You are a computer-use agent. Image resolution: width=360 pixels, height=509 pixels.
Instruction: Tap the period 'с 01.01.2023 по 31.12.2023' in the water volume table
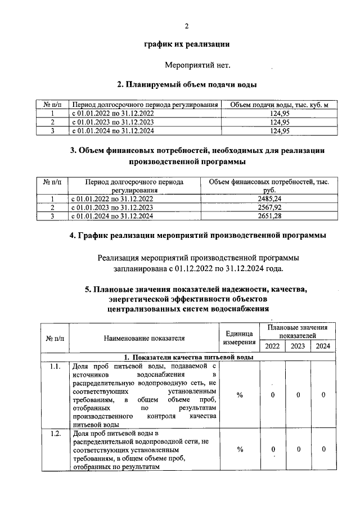click(113, 122)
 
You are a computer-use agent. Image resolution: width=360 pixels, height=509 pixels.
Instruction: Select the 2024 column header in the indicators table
click(323, 346)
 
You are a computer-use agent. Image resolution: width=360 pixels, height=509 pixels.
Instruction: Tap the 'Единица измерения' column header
click(240, 338)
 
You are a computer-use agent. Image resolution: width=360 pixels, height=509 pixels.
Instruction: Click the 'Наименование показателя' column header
click(145, 338)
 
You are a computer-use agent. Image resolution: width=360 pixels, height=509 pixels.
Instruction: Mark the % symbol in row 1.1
click(240, 395)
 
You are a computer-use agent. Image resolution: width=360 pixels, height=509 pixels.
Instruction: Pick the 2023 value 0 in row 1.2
click(298, 449)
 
